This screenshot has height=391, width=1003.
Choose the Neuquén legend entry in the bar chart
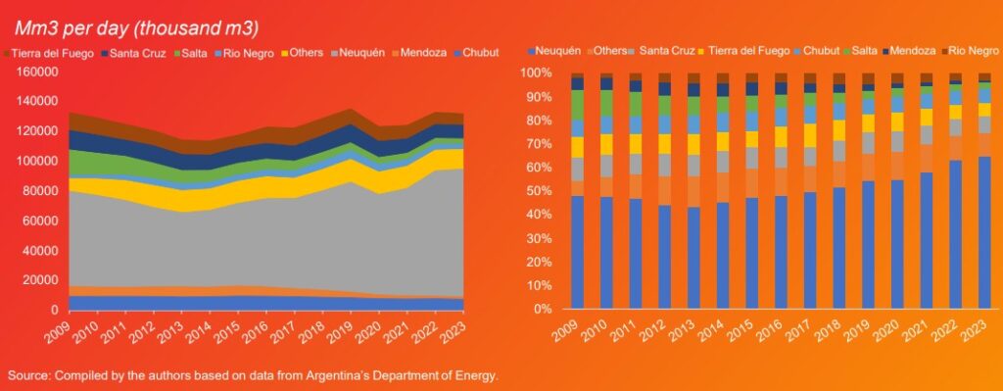point(559,49)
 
